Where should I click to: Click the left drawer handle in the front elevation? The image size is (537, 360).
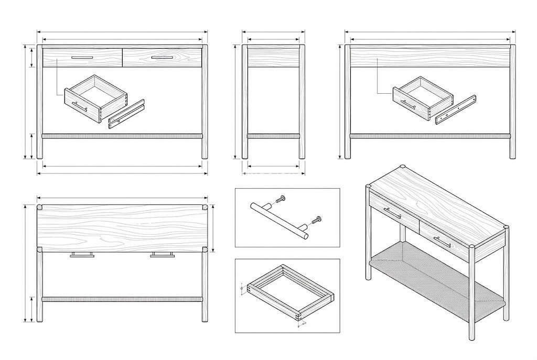click(x=82, y=57)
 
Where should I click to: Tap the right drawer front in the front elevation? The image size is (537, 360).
click(x=162, y=58)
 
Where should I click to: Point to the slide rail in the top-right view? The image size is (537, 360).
click(x=455, y=110)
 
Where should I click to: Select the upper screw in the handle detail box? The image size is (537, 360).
click(x=280, y=199)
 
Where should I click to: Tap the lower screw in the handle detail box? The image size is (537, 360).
click(x=316, y=221)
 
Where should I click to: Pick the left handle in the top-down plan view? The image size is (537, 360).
click(x=82, y=255)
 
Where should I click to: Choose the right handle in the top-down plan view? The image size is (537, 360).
click(x=162, y=255)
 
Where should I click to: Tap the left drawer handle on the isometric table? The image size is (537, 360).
click(x=392, y=212)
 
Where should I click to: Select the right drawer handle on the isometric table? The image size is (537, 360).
click(x=442, y=242)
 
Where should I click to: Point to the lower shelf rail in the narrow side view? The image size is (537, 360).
click(x=273, y=136)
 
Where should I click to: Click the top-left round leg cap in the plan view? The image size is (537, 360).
click(x=40, y=208)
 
